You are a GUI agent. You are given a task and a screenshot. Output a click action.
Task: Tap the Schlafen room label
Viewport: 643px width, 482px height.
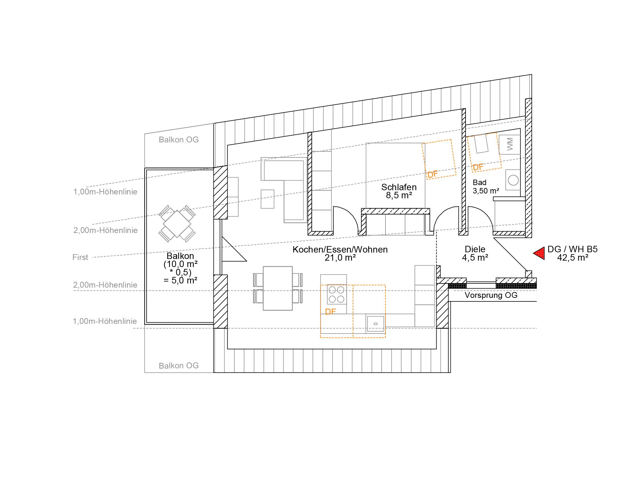(399, 187)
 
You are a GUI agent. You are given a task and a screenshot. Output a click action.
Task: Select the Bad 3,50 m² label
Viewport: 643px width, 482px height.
(486, 187)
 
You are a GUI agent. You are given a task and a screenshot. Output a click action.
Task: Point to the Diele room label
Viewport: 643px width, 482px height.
(475, 249)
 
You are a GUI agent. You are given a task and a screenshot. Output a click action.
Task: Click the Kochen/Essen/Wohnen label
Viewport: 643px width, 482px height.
(340, 250)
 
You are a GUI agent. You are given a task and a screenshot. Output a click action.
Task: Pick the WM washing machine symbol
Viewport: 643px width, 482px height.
(510, 144)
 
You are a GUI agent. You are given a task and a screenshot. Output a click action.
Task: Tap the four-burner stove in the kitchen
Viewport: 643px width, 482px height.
(337, 294)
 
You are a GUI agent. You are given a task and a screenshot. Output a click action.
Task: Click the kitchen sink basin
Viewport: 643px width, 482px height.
(376, 324)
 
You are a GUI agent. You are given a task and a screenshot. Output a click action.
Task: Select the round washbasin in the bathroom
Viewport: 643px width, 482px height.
(513, 180)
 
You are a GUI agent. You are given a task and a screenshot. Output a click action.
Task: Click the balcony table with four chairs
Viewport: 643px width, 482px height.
(177, 224)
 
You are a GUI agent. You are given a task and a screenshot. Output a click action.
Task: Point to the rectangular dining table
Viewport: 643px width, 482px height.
(278, 288)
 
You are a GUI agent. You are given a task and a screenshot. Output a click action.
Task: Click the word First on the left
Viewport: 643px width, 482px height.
(80, 257)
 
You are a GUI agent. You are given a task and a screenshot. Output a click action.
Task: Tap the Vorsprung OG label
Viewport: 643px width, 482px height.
(491, 295)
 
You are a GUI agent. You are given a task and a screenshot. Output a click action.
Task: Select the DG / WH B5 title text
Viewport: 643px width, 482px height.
(572, 249)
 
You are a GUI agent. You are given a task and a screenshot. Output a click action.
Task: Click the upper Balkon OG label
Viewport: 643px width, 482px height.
(179, 140)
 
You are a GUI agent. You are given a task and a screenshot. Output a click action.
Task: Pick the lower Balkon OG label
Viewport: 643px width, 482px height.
(179, 366)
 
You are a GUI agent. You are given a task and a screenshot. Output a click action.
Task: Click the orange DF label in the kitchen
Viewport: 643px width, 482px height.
(331, 312)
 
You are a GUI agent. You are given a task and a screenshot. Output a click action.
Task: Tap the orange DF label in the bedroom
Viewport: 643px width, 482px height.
(432, 174)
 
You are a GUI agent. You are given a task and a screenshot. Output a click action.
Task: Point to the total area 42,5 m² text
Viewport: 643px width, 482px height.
(573, 258)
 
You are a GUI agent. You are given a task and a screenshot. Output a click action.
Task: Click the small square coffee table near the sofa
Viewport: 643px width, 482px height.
(267, 199)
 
